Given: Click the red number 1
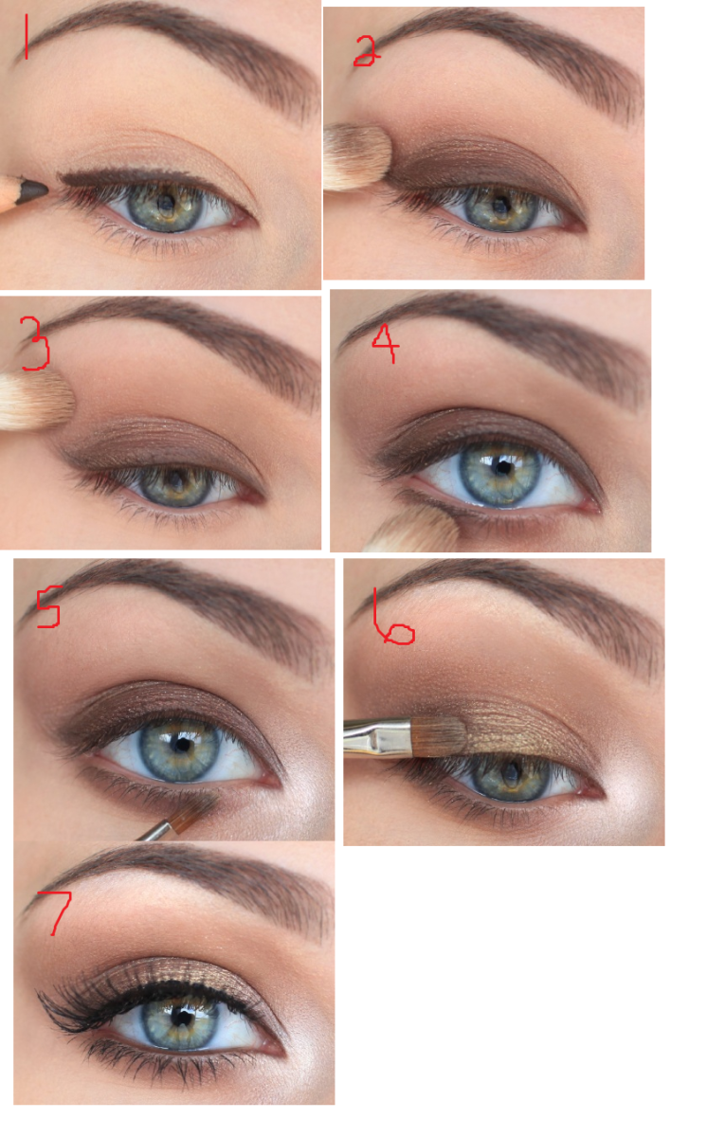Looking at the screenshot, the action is pyautogui.click(x=26, y=37).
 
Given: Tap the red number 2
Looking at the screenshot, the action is pyautogui.click(x=367, y=51).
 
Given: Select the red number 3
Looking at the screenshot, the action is pyautogui.click(x=35, y=343).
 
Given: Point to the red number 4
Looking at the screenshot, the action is pyautogui.click(x=386, y=343).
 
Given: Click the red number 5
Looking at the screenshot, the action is pyautogui.click(x=48, y=606).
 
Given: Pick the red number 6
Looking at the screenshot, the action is pyautogui.click(x=393, y=617).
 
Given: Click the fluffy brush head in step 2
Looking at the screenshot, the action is pyautogui.click(x=357, y=157).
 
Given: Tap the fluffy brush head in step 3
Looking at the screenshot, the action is pyautogui.click(x=37, y=401).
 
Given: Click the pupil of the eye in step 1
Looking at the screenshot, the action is pyautogui.click(x=166, y=204).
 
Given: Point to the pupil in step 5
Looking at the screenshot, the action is pyautogui.click(x=182, y=745).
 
